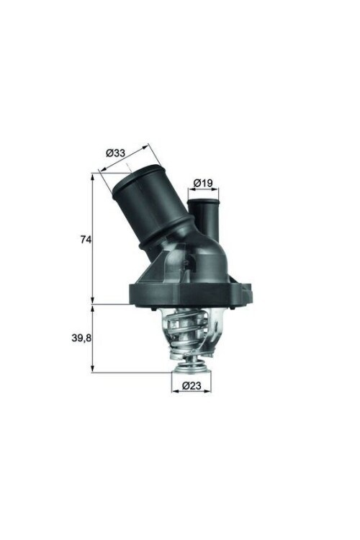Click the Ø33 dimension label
click(116, 153)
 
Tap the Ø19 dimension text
click(203, 183)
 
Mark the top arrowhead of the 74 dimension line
click(93, 176)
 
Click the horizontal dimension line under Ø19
click(203, 192)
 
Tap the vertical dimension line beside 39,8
click(93, 338)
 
